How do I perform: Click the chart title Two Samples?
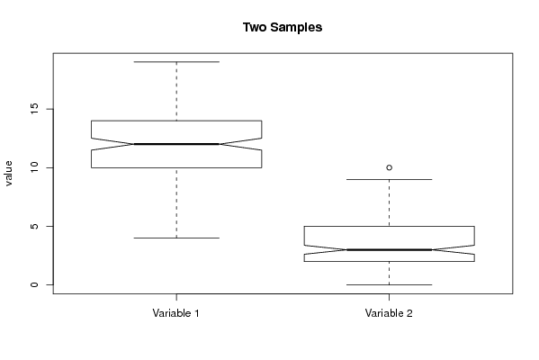pyautogui.click(x=283, y=27)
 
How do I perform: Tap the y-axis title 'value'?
pyautogui.click(x=9, y=174)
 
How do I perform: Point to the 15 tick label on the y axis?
pyautogui.click(x=34, y=109)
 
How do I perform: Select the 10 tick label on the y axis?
pyautogui.click(x=34, y=167)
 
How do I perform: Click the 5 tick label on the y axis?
pyautogui.click(x=34, y=226)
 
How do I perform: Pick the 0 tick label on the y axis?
pyautogui.click(x=34, y=284)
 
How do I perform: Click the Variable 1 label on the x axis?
pyautogui.click(x=176, y=313)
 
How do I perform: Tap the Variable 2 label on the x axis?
pyautogui.click(x=389, y=313)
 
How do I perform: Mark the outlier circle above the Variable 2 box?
pyautogui.click(x=389, y=167)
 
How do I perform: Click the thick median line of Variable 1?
pyautogui.click(x=176, y=144)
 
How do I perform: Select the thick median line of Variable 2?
pyautogui.click(x=389, y=249)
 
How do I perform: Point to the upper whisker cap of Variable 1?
pyautogui.click(x=176, y=62)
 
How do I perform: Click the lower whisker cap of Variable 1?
pyautogui.click(x=176, y=238)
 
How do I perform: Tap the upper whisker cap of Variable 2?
pyautogui.click(x=389, y=179)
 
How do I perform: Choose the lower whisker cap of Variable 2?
pyautogui.click(x=389, y=284)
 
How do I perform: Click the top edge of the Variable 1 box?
pyautogui.click(x=176, y=121)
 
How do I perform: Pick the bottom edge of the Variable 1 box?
pyautogui.click(x=176, y=167)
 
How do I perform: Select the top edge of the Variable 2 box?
pyautogui.click(x=389, y=226)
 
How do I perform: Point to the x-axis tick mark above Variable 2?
pyautogui.click(x=389, y=297)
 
